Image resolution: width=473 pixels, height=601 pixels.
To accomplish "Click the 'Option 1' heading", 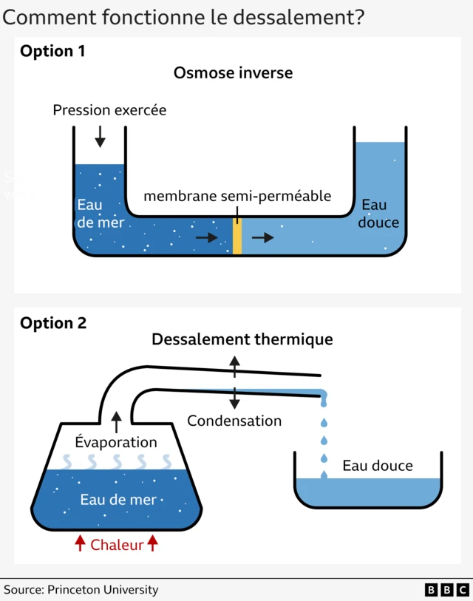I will coord(52,51).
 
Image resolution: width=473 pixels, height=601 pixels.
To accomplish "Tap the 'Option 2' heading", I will coord(53,323).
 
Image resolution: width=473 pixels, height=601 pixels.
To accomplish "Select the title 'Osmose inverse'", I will coord(233,72).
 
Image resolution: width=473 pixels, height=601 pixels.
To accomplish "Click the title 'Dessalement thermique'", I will coord(242,339).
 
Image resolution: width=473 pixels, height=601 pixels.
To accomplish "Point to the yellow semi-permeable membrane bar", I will coord(237,237).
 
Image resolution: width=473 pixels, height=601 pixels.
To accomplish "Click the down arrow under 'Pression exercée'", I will coord(100,136).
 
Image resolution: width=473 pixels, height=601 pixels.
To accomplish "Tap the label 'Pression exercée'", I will coord(109,110).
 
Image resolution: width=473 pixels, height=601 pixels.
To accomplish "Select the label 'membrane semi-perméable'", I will coord(236,196).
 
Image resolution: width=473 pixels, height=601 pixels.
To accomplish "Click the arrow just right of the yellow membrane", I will coord(262,237).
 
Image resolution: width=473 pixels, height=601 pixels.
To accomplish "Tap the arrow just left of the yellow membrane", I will coord(207,237).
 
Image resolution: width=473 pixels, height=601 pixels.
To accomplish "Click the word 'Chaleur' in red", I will coord(116,545).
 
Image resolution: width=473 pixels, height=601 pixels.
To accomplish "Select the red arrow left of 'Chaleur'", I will coord(80,544).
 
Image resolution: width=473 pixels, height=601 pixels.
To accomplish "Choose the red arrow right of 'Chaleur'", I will coord(152,544).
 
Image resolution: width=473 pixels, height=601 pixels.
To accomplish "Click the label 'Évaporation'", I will coord(116,442).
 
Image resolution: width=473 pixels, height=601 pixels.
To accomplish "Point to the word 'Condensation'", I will coord(234,421).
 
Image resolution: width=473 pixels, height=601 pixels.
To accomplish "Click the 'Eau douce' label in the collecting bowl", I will coord(377,466).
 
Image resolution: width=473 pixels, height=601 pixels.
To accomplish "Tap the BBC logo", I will coord(446,590).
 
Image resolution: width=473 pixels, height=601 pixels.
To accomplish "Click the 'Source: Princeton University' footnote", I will coord(81,590).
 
